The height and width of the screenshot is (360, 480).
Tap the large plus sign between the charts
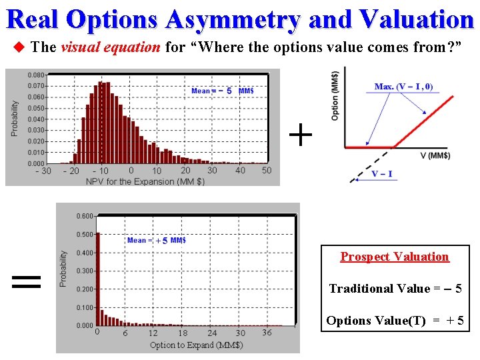(301, 135)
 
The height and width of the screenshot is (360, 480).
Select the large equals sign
(27, 281)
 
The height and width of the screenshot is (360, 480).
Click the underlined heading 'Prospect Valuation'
(395, 257)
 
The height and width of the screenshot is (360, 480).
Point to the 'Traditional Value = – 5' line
(395, 289)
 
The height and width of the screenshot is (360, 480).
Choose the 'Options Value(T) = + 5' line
(394, 321)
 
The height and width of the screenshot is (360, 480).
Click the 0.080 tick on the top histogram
(36, 75)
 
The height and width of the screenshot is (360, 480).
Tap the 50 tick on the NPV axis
(267, 171)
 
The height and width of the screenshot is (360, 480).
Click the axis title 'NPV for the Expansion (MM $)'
(145, 181)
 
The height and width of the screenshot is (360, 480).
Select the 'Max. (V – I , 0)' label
(403, 87)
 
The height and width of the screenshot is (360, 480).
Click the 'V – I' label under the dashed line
(382, 175)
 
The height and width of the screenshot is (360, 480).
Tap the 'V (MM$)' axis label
(435, 156)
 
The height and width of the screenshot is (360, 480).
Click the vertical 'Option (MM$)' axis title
(335, 95)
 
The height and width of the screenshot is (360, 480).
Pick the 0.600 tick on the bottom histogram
(85, 216)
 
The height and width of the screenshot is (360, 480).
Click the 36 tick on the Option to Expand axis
(267, 333)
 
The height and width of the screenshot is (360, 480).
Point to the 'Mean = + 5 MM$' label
(157, 241)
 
